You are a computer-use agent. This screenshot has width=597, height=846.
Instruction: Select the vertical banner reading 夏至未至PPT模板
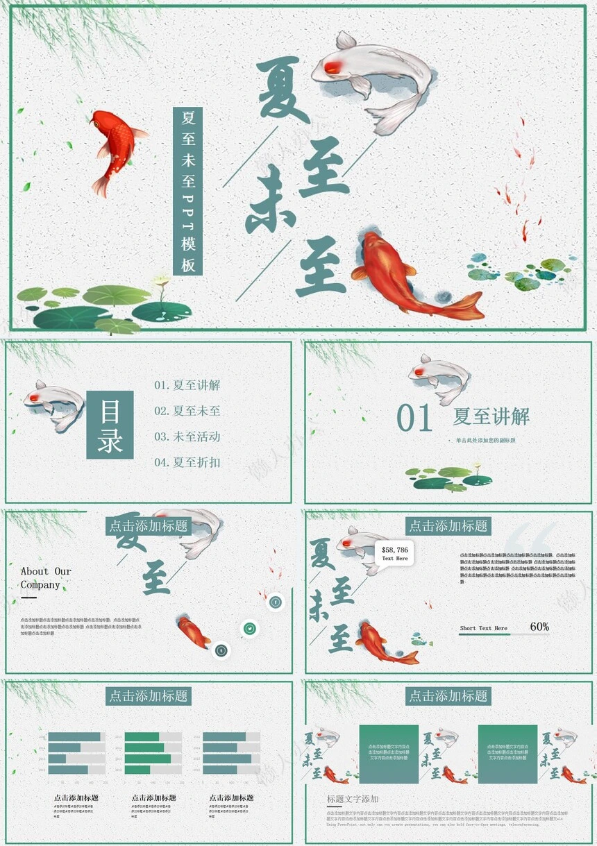pos(187,191)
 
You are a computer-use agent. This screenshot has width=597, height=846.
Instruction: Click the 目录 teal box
pos(110,425)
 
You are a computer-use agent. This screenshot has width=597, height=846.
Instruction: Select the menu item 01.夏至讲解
pos(187,385)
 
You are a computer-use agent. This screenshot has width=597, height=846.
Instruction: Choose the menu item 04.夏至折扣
pos(187,462)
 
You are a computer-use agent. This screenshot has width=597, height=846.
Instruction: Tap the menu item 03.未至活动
pos(187,437)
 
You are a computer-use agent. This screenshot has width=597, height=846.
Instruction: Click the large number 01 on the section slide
pos(414,418)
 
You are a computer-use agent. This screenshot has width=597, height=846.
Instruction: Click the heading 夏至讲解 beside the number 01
pos(491,416)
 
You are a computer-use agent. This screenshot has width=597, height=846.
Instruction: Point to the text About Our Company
pos(46,578)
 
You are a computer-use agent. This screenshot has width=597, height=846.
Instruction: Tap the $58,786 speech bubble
pos(395,553)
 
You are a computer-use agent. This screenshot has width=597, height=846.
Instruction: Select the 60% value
pos(539,627)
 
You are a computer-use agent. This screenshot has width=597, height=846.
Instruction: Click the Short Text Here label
pos(483,628)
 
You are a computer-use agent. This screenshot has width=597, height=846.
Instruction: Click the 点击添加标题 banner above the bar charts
pos(148,695)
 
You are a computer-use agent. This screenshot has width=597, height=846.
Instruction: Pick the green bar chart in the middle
pos(153,753)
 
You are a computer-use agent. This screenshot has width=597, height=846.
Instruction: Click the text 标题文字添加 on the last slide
pos(353,800)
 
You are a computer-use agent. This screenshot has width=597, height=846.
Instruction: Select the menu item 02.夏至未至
pos(187,411)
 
